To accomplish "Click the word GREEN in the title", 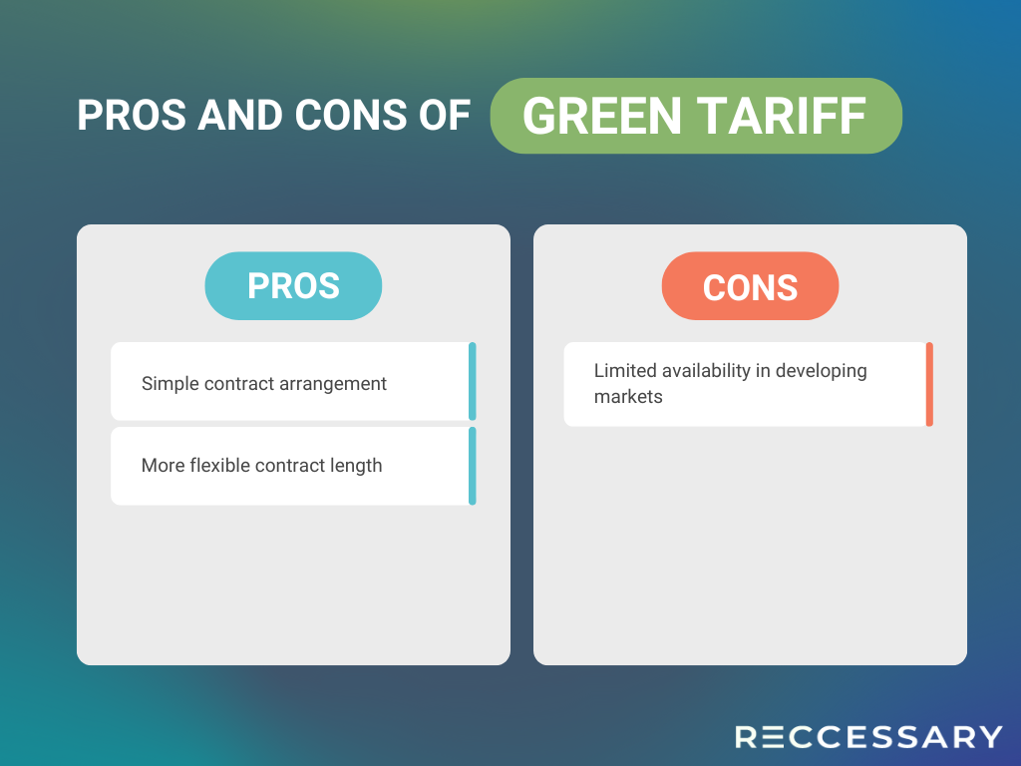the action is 601,116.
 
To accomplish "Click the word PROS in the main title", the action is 132,116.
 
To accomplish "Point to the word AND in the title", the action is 240,116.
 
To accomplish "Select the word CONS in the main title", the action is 351,116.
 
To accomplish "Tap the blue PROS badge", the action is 293,286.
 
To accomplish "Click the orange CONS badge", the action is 750,286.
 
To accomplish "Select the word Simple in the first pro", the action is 170,384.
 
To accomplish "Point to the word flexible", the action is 219,465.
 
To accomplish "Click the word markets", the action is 628,397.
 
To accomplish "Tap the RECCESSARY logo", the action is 868,737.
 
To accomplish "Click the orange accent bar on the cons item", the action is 929,384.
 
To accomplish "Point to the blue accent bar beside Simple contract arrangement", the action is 472,381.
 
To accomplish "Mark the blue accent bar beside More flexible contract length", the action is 472,466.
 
